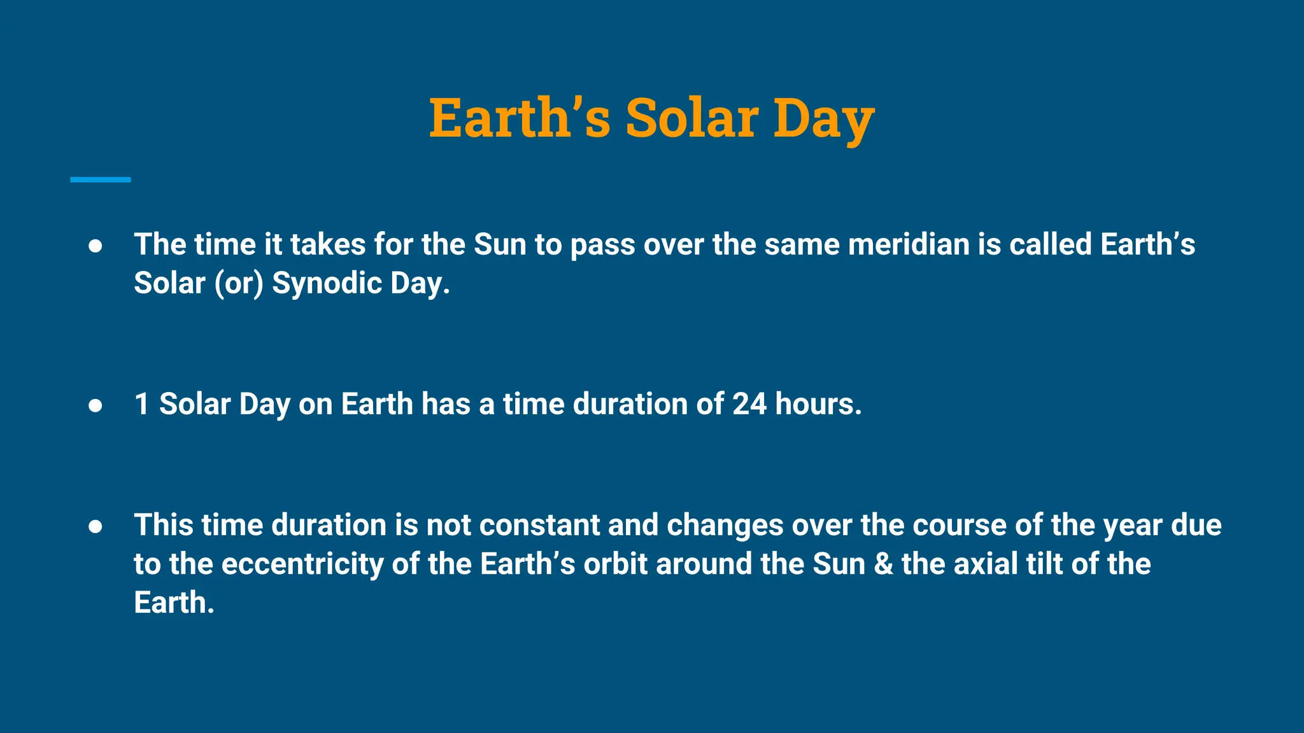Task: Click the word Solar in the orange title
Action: (x=691, y=118)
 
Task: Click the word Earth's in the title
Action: (x=520, y=118)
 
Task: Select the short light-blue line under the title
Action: (x=101, y=180)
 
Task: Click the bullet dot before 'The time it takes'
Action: (x=96, y=246)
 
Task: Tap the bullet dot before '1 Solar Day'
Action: (x=96, y=405)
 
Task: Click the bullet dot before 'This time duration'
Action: (x=96, y=526)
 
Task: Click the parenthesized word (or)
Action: (x=239, y=284)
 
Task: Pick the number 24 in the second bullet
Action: (x=749, y=404)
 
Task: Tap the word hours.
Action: (x=818, y=404)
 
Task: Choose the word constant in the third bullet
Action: (x=539, y=526)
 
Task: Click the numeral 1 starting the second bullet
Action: (x=142, y=404)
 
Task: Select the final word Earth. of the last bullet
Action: (x=174, y=603)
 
